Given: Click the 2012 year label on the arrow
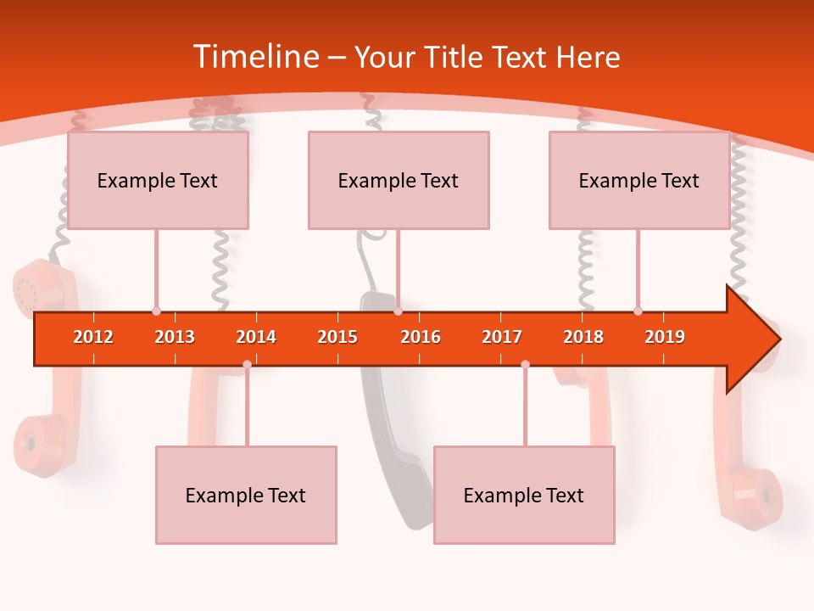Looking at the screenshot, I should [x=93, y=337].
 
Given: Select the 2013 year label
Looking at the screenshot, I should [x=175, y=337].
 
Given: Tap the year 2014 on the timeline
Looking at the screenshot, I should [x=256, y=337].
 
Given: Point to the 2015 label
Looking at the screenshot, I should [x=337, y=337].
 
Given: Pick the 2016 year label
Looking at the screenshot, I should [x=421, y=337].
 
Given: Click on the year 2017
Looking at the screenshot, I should [x=502, y=337].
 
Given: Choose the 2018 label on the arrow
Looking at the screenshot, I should [x=583, y=337].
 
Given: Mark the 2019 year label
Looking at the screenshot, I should [x=665, y=337].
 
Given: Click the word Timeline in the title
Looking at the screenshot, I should [x=254, y=57].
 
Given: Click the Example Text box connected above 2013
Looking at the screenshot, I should [x=158, y=180].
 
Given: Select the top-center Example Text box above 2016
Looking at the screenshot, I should [x=399, y=180].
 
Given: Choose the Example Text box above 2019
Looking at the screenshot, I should [x=639, y=180].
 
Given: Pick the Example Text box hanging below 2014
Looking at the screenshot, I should [x=246, y=495].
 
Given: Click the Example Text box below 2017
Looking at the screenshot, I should [x=524, y=495].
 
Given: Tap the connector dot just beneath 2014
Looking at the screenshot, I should [x=247, y=364].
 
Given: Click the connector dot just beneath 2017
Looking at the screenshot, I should [x=525, y=364].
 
